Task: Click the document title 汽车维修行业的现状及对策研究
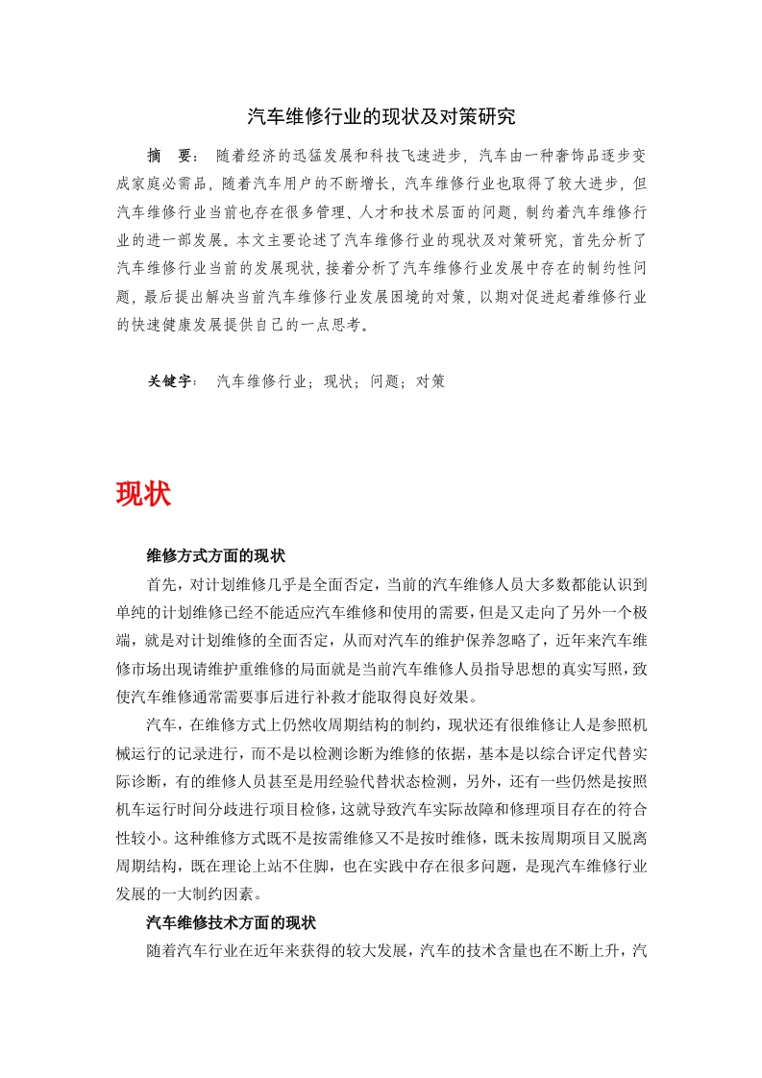(381, 117)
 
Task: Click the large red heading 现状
(143, 494)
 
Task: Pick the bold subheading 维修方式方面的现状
(215, 556)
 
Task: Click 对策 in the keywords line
(430, 380)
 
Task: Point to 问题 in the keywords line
(384, 380)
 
